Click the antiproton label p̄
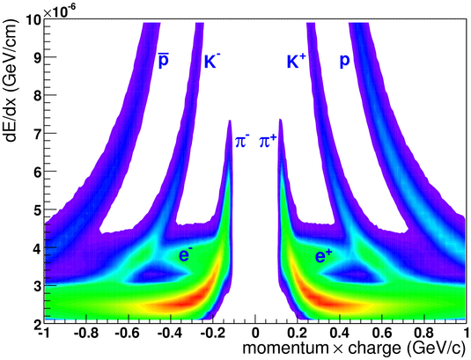click(x=164, y=61)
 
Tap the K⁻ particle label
click(x=210, y=61)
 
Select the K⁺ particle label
click(x=296, y=61)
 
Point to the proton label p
click(x=344, y=62)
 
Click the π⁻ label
click(x=241, y=141)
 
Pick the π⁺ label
click(x=268, y=141)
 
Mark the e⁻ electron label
click(x=185, y=255)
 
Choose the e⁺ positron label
click(x=323, y=256)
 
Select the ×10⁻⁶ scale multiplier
click(x=60, y=11)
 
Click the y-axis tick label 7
click(x=38, y=133)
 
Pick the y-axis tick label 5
click(x=38, y=209)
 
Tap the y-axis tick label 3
click(x=38, y=286)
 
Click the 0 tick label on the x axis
click(x=255, y=333)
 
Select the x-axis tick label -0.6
click(x=129, y=333)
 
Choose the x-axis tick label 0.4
click(x=340, y=333)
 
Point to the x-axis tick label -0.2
click(x=213, y=333)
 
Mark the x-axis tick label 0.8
click(x=423, y=333)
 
